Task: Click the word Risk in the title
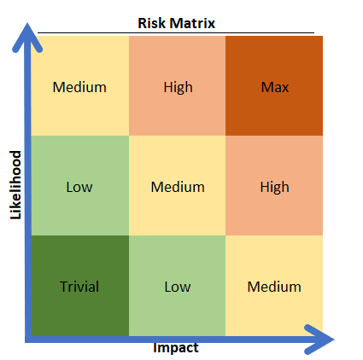coord(152,23)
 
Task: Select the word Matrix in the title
coord(192,23)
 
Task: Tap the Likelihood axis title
coord(16,185)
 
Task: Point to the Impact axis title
coord(176,348)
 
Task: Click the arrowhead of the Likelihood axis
coord(27,37)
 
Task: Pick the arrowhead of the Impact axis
coord(319,340)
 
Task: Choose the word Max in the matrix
coord(275,87)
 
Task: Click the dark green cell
coord(80,286)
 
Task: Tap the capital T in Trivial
coord(64,287)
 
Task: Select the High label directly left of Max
coord(178,87)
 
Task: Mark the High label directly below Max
coord(275,187)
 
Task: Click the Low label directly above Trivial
coord(79,187)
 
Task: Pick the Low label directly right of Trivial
coord(178,287)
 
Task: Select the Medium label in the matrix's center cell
coord(178,187)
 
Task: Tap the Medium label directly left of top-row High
coord(79,87)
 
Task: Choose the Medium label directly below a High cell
coord(274,287)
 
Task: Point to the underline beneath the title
coord(176,33)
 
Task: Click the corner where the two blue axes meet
coord(28,340)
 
